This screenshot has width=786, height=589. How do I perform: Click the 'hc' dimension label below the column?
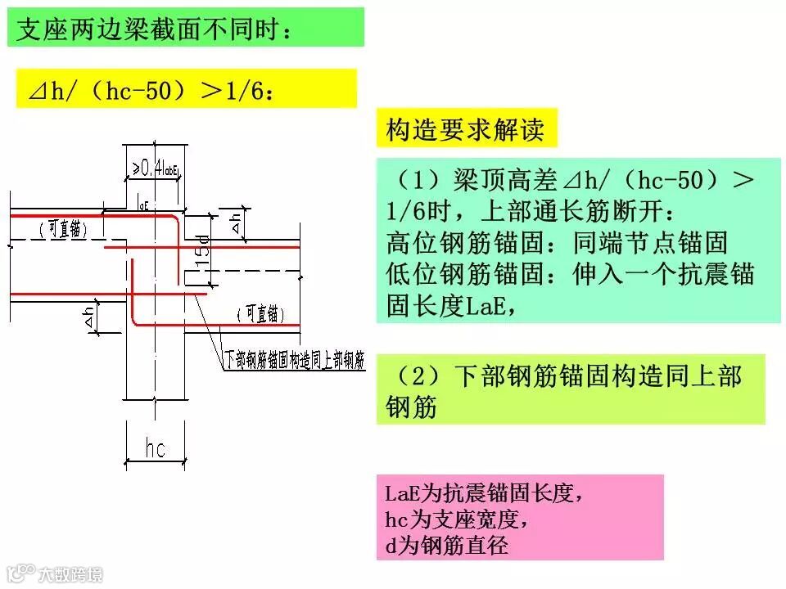(155, 448)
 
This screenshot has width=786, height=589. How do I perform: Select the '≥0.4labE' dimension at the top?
(156, 169)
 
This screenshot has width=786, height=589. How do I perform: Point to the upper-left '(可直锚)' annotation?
(62, 230)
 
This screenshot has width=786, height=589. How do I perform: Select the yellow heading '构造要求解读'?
(464, 129)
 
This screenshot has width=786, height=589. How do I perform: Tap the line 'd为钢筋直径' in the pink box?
(446, 543)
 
